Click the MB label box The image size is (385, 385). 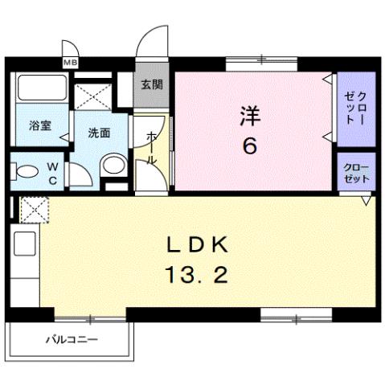point(71,62)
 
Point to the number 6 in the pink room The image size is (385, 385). point(250,147)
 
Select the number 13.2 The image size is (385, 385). point(199,276)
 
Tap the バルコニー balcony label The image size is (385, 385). point(71,339)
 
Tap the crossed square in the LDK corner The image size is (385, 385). point(33,211)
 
